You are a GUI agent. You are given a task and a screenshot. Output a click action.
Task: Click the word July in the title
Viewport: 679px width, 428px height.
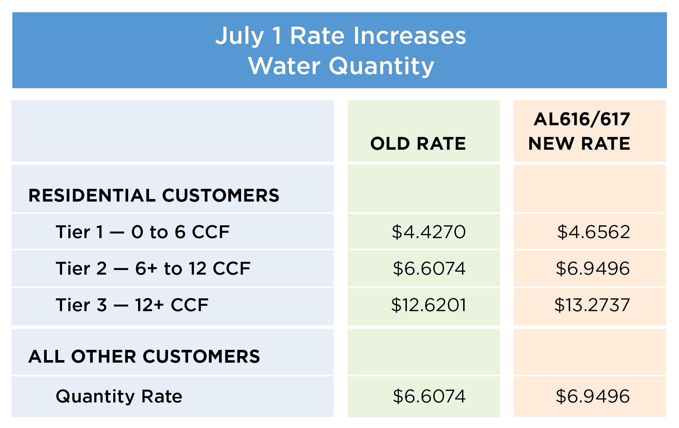tap(239, 36)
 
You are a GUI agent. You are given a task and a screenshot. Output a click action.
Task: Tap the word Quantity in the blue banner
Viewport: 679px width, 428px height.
tap(381, 66)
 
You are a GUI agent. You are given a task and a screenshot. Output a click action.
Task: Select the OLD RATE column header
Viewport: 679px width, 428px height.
tap(418, 144)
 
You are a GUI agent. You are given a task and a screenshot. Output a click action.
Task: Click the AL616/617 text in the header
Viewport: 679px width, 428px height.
tap(582, 119)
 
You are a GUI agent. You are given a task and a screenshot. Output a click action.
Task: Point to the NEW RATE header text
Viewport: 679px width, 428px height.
tap(579, 144)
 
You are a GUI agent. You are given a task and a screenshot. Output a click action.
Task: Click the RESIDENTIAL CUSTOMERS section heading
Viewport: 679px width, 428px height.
tap(154, 195)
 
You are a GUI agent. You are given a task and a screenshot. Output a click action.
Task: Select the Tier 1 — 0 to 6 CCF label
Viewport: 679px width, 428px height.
tap(142, 232)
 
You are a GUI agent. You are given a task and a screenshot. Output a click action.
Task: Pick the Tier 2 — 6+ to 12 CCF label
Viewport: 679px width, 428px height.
tap(153, 269)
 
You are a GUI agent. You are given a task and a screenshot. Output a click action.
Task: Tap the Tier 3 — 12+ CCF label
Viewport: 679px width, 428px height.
tap(132, 305)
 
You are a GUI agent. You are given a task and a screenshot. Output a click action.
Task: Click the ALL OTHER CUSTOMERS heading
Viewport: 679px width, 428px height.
tap(144, 356)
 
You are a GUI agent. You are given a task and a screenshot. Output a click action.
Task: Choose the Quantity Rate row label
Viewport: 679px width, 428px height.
tap(119, 396)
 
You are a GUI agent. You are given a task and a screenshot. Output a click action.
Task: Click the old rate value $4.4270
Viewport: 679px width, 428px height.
tap(428, 232)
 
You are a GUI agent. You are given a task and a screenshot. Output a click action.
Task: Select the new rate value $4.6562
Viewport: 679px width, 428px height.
tap(594, 232)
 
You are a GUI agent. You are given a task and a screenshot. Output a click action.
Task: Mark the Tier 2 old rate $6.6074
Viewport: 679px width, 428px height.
tap(429, 269)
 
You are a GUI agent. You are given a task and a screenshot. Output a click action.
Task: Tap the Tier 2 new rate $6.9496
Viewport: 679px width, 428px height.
tap(592, 269)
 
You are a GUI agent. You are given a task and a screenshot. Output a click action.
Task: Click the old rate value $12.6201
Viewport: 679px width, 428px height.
tap(428, 305)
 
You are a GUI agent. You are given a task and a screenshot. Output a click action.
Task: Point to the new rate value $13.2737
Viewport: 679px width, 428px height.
tap(592, 305)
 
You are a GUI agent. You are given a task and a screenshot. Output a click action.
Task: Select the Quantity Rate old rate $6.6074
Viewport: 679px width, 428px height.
tap(429, 396)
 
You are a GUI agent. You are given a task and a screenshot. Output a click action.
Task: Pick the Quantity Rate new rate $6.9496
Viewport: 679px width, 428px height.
tap(592, 396)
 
